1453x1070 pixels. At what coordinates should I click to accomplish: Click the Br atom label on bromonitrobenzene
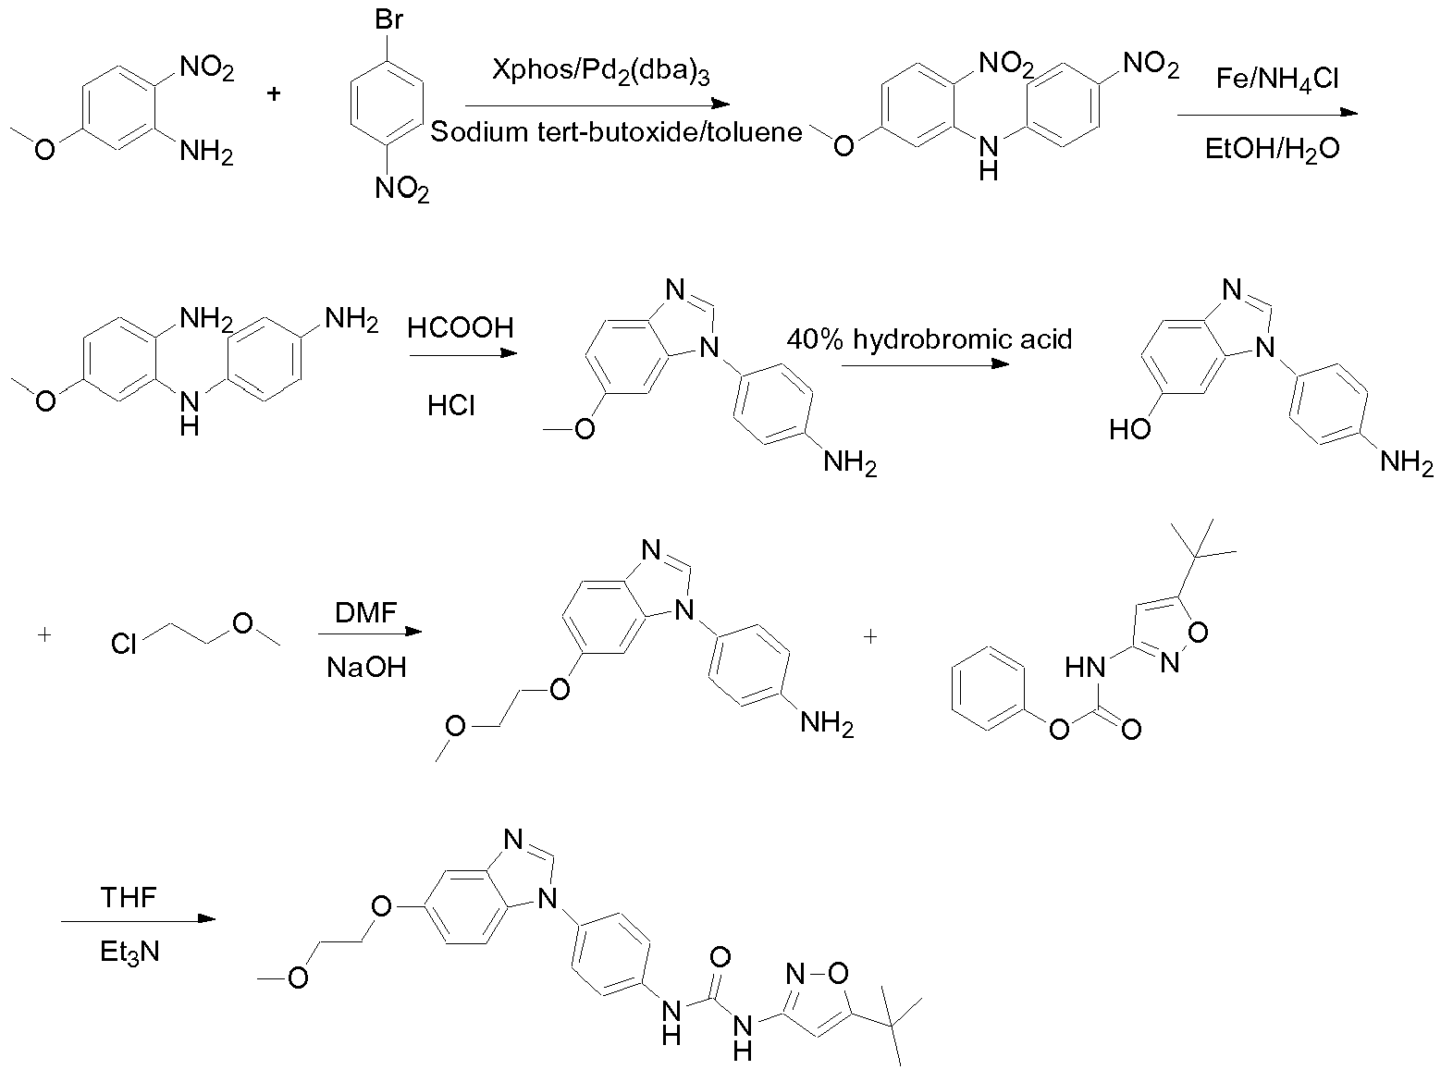pos(388,19)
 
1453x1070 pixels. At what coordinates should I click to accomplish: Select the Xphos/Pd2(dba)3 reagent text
pos(600,70)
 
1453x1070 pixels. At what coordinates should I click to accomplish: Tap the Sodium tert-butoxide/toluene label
pos(616,132)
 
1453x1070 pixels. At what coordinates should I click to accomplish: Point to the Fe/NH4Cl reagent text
pos(1276,80)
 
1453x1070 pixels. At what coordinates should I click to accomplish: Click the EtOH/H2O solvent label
pos(1272,150)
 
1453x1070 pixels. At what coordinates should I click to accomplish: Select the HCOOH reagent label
pos(461,327)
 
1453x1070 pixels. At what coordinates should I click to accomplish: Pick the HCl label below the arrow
pos(451,406)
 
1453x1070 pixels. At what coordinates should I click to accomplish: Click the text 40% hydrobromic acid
pos(930,339)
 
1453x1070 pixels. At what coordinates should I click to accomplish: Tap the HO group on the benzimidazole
pos(1130,429)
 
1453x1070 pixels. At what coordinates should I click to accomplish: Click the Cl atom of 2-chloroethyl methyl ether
pos(123,644)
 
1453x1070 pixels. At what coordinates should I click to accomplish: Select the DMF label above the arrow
pos(366,613)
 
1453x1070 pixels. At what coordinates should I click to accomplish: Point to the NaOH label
pos(366,668)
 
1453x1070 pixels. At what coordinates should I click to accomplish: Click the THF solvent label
pos(129,897)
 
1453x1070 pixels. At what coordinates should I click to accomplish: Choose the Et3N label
pos(129,953)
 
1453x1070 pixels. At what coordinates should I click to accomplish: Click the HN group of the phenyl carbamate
pos(1085,667)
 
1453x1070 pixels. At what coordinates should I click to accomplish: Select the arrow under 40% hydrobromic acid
pos(925,364)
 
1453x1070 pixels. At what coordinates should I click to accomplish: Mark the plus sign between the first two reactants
pos(274,93)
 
